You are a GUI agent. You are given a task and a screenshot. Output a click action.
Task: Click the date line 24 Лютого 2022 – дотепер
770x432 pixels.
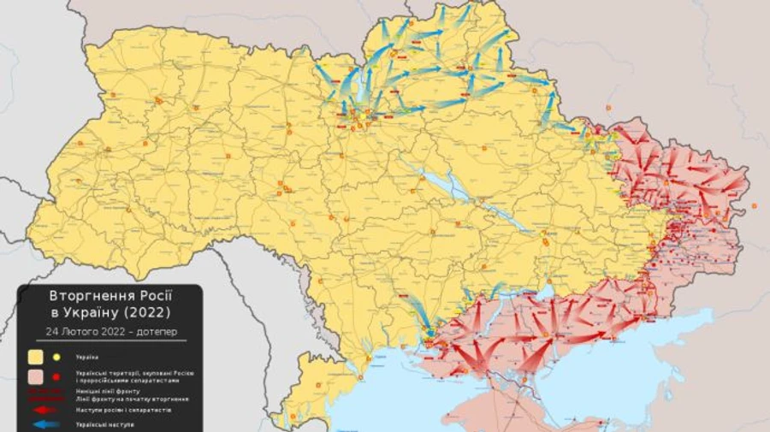pos(109,331)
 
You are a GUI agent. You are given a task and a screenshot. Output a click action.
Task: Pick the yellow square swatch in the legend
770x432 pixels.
pos(36,357)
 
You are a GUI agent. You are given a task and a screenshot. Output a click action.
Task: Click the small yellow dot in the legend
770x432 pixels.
pos(57,357)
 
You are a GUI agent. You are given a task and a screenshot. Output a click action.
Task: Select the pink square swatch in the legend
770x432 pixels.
pos(36,376)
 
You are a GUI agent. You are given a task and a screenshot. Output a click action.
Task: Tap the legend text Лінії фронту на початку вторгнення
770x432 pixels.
pos(131,399)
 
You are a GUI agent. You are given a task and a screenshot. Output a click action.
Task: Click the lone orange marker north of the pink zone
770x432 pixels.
pos(608,109)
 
